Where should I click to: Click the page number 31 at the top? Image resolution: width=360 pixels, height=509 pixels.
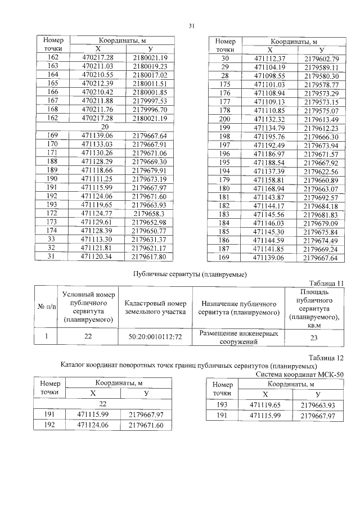click(x=191, y=26)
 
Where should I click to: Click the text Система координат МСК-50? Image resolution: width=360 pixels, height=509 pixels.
click(x=299, y=373)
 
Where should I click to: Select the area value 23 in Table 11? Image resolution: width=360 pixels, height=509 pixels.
click(x=314, y=337)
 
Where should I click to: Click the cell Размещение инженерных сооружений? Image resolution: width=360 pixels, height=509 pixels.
click(x=239, y=337)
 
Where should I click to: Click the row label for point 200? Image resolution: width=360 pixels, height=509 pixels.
click(x=224, y=119)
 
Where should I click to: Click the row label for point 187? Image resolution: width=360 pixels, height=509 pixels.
click(x=224, y=249)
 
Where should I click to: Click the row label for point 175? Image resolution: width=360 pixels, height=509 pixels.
click(x=224, y=84)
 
